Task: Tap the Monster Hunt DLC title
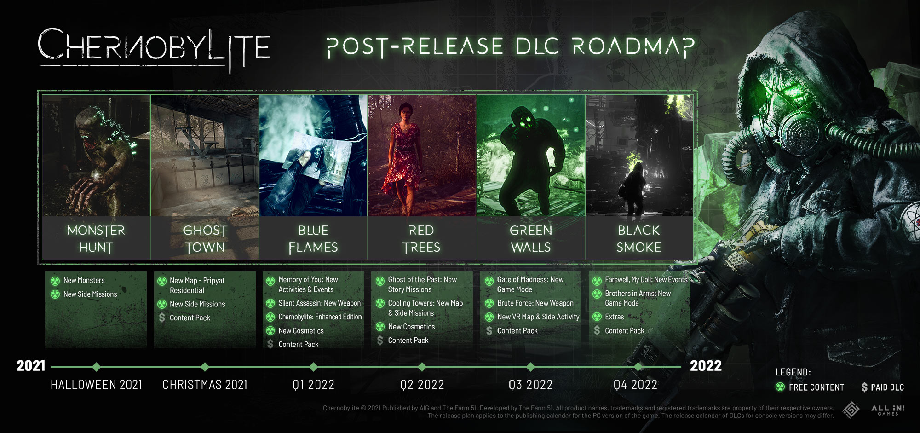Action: (96, 239)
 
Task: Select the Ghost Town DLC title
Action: (205, 239)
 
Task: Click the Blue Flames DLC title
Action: (313, 239)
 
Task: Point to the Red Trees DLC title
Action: (421, 239)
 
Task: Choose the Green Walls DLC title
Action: (530, 239)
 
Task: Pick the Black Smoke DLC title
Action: (639, 239)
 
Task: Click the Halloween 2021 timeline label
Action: (96, 385)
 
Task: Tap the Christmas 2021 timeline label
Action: (205, 385)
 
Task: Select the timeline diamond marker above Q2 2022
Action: (422, 367)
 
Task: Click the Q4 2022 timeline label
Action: (635, 385)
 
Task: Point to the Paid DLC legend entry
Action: (883, 387)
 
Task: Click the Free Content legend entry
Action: (810, 387)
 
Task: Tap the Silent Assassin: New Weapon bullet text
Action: (319, 303)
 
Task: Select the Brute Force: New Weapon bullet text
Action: (535, 303)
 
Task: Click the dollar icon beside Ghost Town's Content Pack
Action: (162, 318)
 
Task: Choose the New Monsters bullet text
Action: (84, 280)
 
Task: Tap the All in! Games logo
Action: (887, 410)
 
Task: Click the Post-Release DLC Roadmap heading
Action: (510, 46)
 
